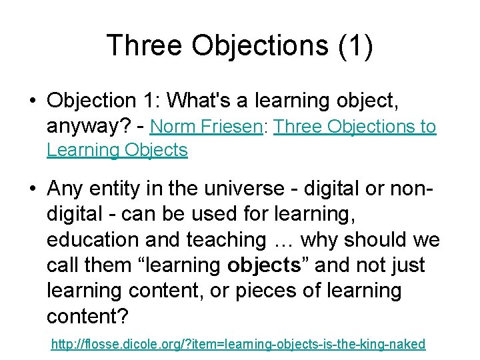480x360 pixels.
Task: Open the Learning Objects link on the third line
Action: tap(117, 150)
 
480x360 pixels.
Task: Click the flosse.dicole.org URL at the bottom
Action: tap(238, 344)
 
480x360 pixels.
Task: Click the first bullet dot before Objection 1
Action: tap(32, 101)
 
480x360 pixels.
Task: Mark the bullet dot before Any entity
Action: tap(32, 189)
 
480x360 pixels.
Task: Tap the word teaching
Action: tap(223, 239)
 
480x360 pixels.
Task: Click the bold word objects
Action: tap(265, 265)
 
